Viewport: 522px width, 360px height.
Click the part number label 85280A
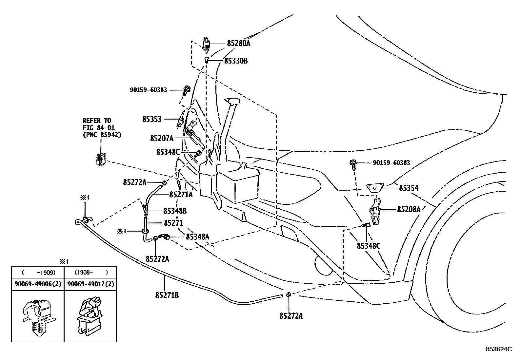pos(238,43)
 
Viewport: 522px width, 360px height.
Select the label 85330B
pos(235,61)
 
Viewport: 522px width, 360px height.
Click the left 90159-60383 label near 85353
pos(148,89)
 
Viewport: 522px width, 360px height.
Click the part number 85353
pos(152,119)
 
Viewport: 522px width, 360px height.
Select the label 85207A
pos(162,138)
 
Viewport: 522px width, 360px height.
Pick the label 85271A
pos(181,195)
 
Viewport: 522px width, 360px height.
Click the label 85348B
pos(175,211)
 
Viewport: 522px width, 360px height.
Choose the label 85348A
pos(197,236)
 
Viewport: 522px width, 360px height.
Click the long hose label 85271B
pos(167,295)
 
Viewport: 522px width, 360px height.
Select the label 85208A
pos(408,209)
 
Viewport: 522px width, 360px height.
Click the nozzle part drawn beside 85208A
pos(375,214)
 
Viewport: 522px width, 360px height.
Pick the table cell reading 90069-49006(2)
pos(38,284)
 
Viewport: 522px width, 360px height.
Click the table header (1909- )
pos(90,272)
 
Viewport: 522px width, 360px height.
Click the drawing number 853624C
pos(498,349)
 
